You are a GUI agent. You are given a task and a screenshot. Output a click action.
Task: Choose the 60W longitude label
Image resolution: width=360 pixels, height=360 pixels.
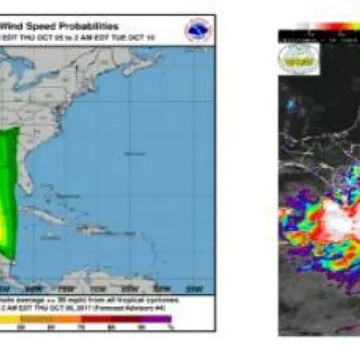162,289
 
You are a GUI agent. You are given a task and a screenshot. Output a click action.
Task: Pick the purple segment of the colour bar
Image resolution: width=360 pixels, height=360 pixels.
158,319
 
